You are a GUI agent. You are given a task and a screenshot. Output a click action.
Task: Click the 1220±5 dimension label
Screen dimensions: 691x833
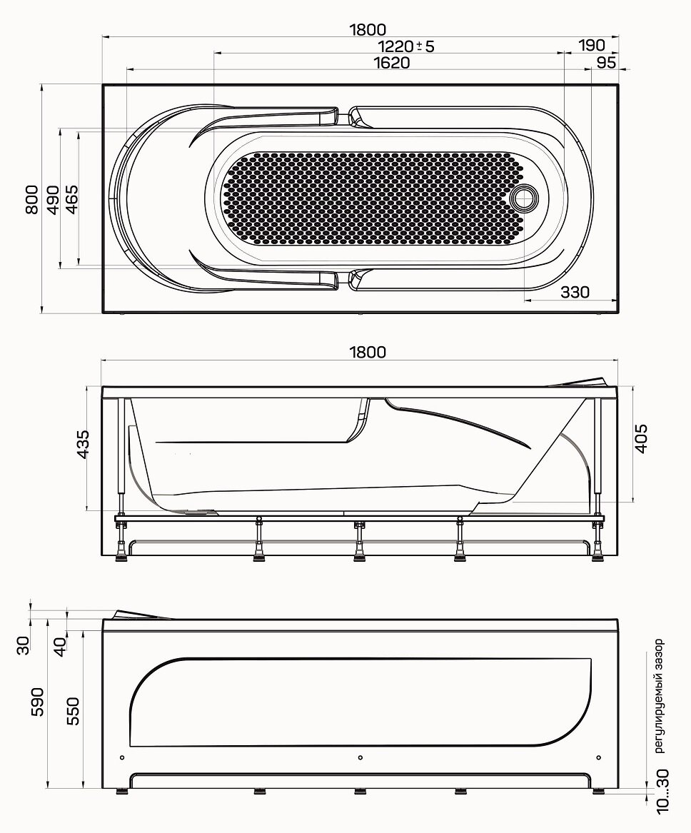tap(406, 46)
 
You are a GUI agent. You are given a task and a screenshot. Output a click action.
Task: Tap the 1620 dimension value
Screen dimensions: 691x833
tap(392, 63)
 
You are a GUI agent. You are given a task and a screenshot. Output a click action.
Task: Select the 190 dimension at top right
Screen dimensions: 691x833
tap(592, 46)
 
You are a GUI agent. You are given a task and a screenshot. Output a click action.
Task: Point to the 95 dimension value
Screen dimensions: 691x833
tap(606, 63)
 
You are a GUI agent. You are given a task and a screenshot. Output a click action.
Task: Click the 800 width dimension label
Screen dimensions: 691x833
tap(32, 199)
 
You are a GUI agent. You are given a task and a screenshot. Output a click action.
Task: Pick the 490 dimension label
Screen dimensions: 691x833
tap(52, 200)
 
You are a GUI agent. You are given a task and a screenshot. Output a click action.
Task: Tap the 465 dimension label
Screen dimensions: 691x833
tap(71, 199)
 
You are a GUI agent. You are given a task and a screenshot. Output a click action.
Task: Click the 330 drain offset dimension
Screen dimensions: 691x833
tap(575, 292)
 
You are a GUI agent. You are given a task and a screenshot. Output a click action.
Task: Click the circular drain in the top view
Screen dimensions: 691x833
tap(525, 197)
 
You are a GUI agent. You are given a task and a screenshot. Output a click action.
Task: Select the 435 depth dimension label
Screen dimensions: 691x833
tap(83, 444)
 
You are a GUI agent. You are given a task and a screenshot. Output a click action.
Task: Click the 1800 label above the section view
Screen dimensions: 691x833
tap(368, 352)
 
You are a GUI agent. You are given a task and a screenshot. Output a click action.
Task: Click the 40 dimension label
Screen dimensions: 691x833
tap(61, 646)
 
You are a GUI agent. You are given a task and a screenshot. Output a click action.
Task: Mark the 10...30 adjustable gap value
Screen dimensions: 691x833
tap(662, 792)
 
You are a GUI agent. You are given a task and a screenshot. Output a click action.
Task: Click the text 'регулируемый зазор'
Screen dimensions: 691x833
tap(659, 696)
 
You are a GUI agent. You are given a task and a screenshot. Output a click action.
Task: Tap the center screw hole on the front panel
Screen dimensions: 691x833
tap(360, 757)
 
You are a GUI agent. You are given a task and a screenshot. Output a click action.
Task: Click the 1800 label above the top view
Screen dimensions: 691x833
tap(368, 30)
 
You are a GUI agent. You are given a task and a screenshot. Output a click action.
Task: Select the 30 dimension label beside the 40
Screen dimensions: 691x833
tap(24, 645)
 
